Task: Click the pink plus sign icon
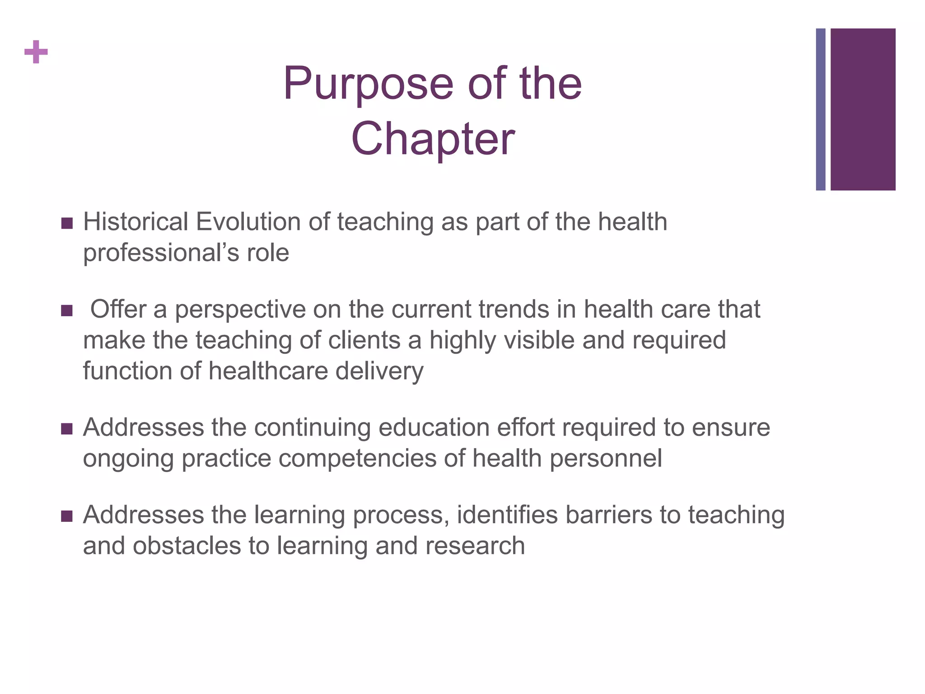coord(36,52)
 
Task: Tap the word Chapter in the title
coord(433,139)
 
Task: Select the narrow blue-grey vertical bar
coord(820,109)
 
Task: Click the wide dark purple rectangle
coord(863,109)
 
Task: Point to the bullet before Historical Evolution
coord(67,223)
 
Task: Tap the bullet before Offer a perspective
coord(67,311)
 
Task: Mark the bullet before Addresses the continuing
coord(67,429)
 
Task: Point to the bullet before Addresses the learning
coord(67,516)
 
